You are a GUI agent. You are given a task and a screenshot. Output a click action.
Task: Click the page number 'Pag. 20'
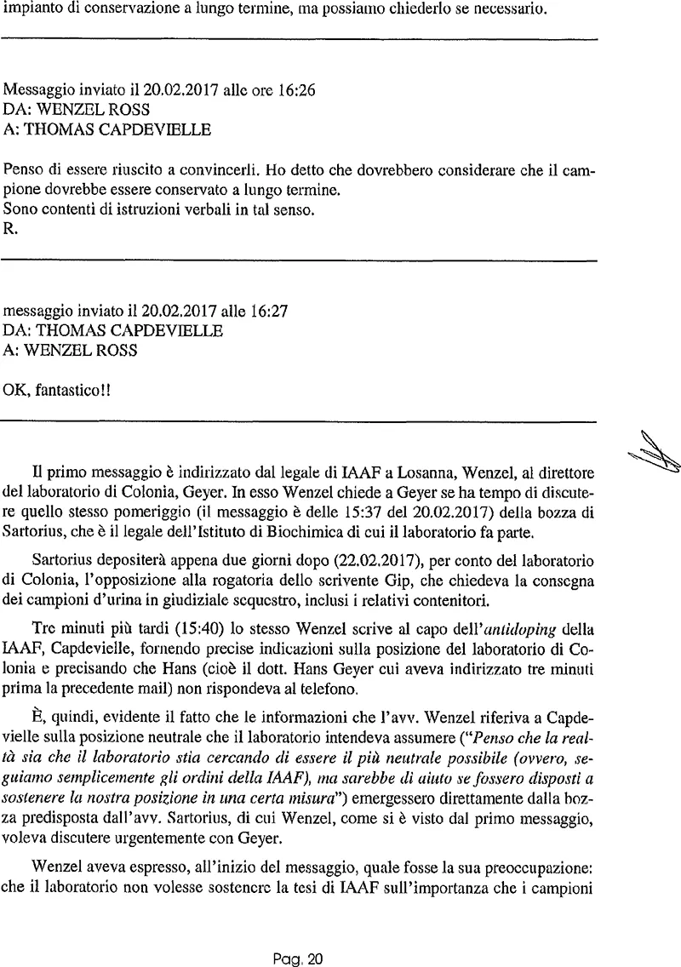(299, 959)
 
